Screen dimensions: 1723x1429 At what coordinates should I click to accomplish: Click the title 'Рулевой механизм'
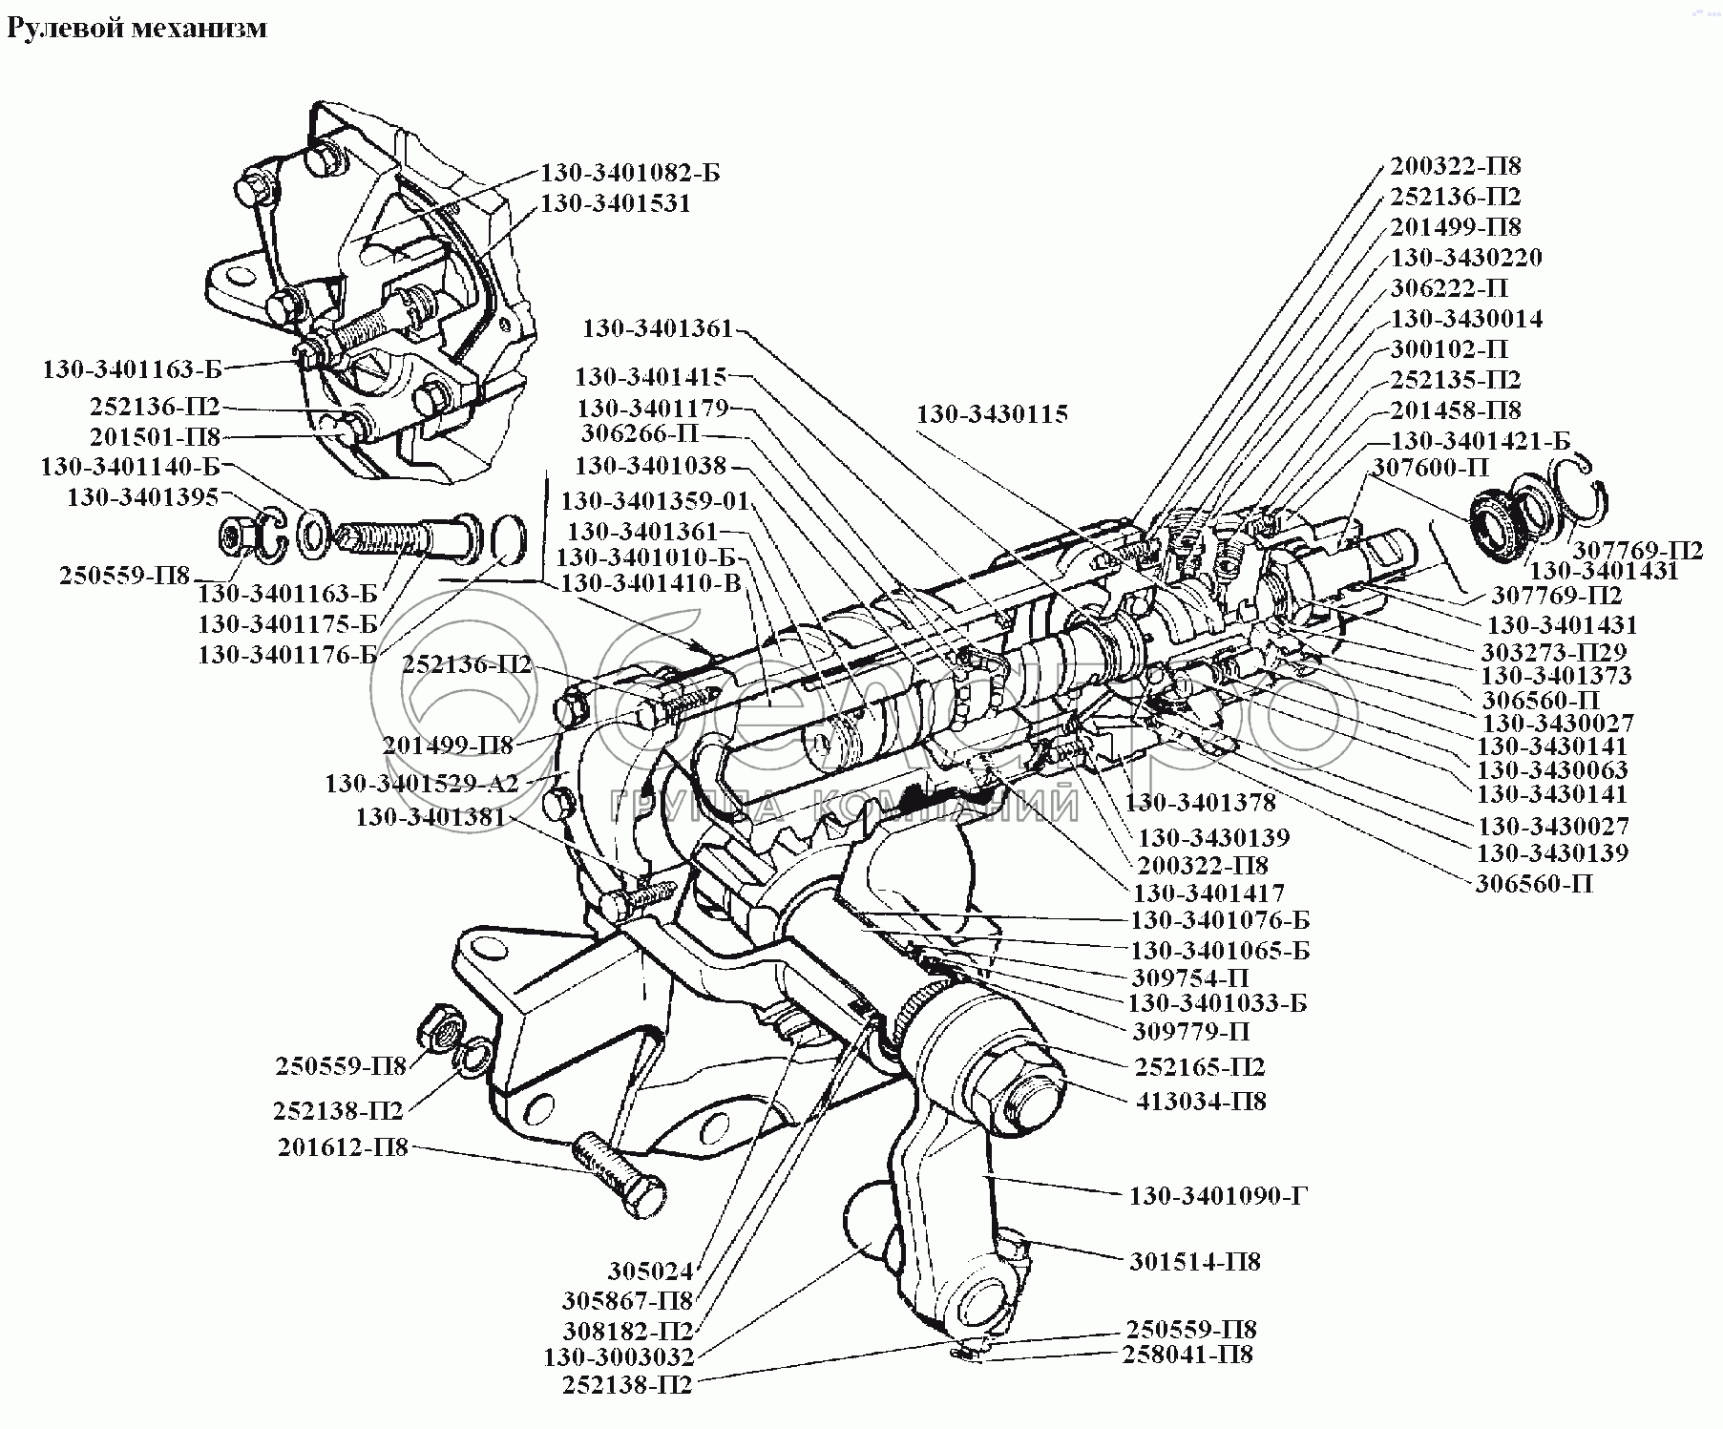coord(137,29)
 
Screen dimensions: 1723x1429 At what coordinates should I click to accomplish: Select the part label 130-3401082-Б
coord(630,173)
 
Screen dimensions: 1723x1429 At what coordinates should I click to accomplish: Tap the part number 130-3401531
coord(615,203)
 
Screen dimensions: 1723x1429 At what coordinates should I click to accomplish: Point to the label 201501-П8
coord(156,437)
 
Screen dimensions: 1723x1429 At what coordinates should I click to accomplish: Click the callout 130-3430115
coord(993,414)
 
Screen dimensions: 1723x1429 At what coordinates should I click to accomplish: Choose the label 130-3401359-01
coord(656,500)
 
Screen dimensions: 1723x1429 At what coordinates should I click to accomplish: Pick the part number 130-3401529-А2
coord(421,784)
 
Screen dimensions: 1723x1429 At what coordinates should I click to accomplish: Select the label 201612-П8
coord(343,1147)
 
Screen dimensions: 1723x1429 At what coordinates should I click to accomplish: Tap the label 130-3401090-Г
coord(1218,1196)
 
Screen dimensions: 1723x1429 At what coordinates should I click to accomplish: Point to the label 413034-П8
coord(1201,1102)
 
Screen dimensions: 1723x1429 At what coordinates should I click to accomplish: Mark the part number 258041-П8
coord(1187,1355)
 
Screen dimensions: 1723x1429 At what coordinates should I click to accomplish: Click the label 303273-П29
coord(1555,653)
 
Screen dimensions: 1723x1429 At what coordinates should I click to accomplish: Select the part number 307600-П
coord(1431,468)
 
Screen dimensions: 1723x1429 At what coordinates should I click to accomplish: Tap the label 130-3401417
coord(1208,893)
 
